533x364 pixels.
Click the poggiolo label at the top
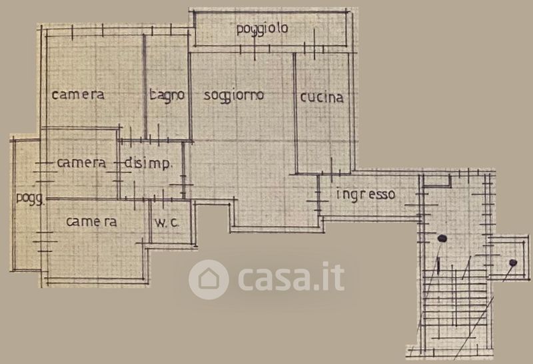coord(262,29)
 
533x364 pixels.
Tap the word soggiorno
coord(234,95)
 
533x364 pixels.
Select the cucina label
coord(322,97)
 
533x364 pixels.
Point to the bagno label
coord(167,95)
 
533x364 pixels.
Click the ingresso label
coord(366,195)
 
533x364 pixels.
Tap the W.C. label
coord(167,223)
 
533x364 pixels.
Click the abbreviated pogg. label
coord(30,197)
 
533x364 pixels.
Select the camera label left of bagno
coord(78,95)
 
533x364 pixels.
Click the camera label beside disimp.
coord(81,163)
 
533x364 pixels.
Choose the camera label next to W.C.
coord(91,222)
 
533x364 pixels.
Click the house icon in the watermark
coord(209,279)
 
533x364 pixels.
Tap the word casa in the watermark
coord(274,279)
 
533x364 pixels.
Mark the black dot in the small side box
coord(513,263)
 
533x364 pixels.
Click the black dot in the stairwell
coord(441,238)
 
